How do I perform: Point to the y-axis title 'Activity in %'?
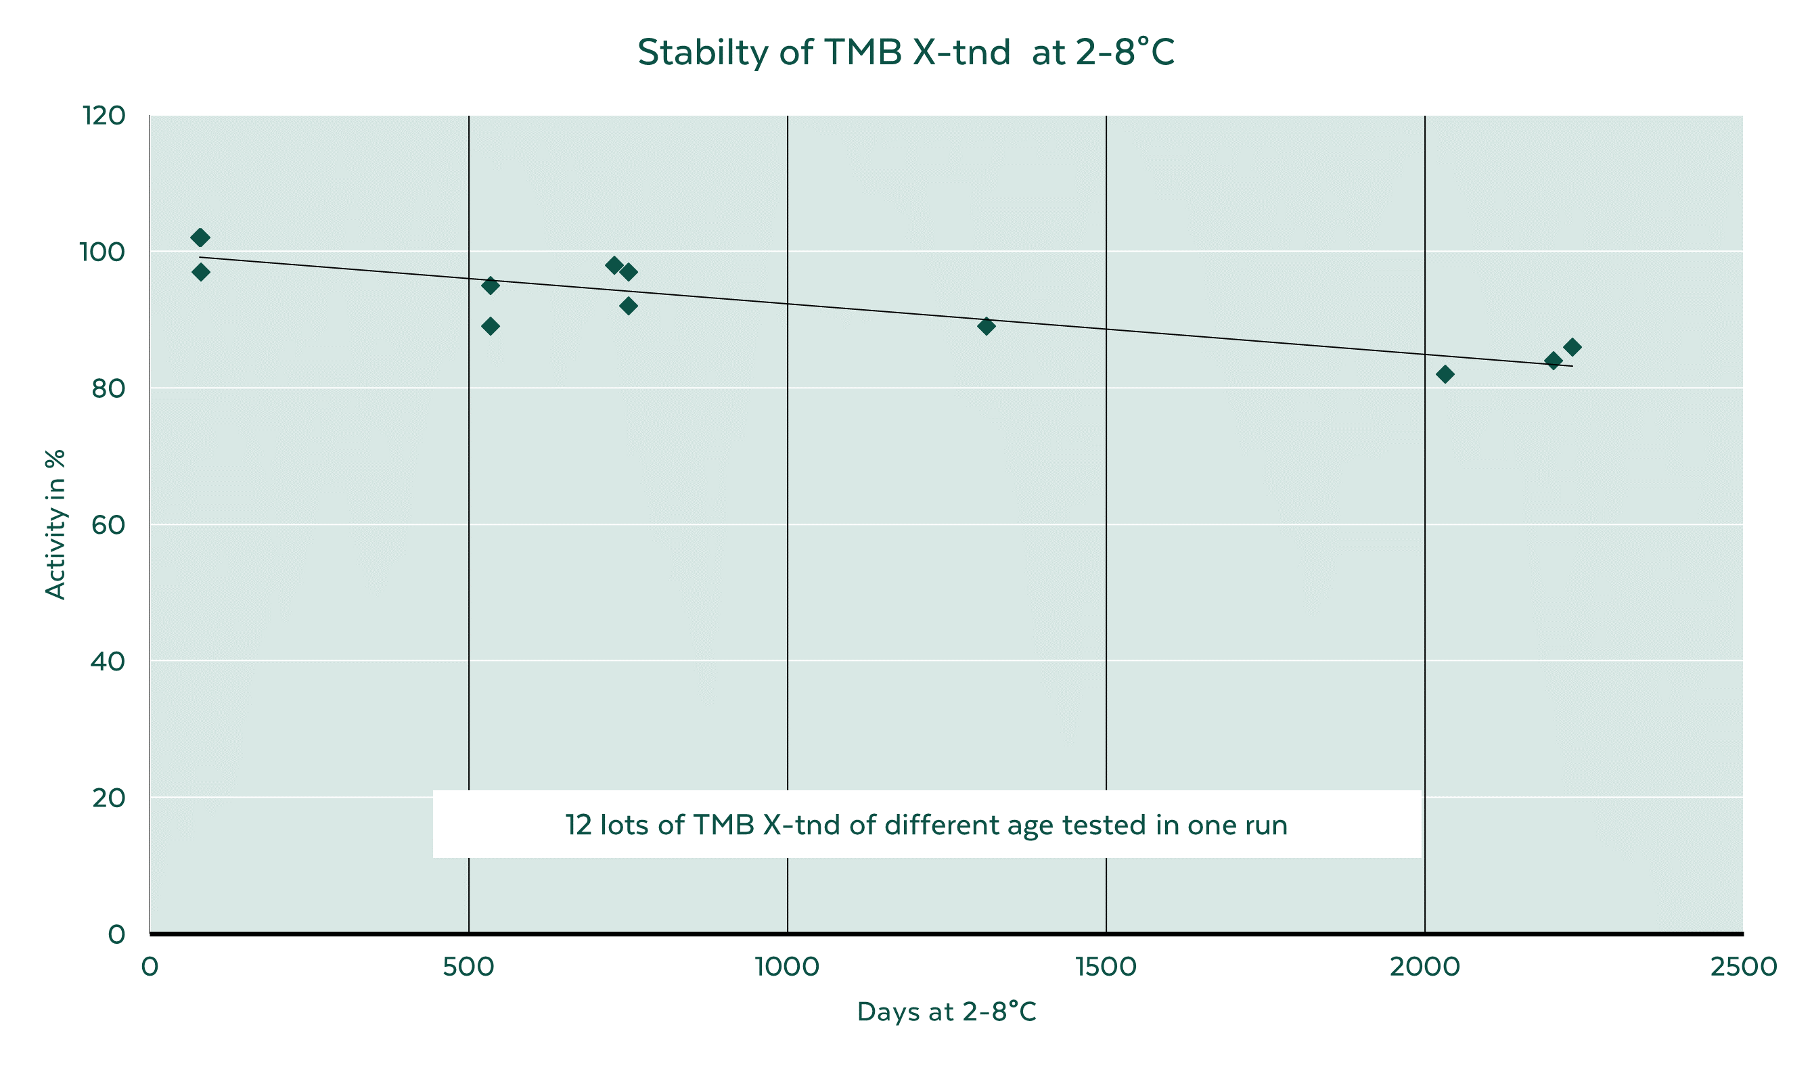pyautogui.click(x=55, y=524)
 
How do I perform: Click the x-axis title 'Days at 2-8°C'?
pyautogui.click(x=947, y=1012)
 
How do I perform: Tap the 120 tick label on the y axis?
pyautogui.click(x=104, y=115)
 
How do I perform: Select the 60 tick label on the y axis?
pyautogui.click(x=108, y=525)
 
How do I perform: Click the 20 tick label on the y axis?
pyautogui.click(x=108, y=797)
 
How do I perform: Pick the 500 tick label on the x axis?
pyautogui.click(x=468, y=967)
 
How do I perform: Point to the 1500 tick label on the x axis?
pyautogui.click(x=1106, y=967)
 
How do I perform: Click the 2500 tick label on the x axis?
pyautogui.click(x=1743, y=967)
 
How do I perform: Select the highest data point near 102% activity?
pyautogui.click(x=200, y=237)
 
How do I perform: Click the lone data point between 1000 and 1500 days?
pyautogui.click(x=987, y=326)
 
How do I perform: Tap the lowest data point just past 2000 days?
pyautogui.click(x=1445, y=374)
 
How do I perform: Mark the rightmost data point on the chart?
pyautogui.click(x=1572, y=347)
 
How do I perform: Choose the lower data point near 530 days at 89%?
pyautogui.click(x=491, y=326)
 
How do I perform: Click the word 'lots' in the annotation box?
pyautogui.click(x=624, y=825)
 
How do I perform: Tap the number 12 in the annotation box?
pyautogui.click(x=578, y=825)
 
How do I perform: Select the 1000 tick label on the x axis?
pyautogui.click(x=788, y=967)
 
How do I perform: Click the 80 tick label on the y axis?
pyautogui.click(x=108, y=388)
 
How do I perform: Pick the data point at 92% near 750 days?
pyautogui.click(x=629, y=307)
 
